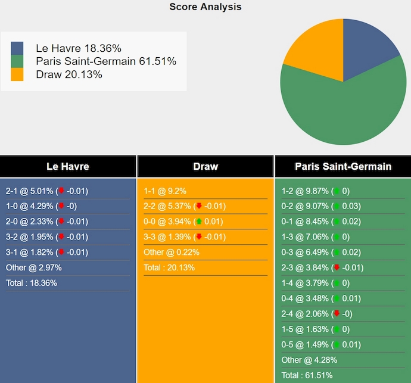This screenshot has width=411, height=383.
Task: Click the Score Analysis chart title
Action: [x=205, y=7]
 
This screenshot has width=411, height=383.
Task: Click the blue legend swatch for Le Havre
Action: [x=17, y=48]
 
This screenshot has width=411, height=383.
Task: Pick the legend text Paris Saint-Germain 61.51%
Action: [x=106, y=61]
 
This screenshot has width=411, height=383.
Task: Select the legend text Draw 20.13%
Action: [x=69, y=74]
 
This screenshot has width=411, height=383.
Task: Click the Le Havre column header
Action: [x=68, y=167]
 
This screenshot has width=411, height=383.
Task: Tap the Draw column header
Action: [x=205, y=167]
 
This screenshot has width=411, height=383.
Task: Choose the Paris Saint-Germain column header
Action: [x=343, y=167]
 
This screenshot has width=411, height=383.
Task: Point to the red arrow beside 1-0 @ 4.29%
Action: [x=61, y=206]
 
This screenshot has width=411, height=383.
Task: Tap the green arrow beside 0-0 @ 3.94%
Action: [x=198, y=222]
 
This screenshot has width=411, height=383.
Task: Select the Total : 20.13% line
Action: [x=169, y=267]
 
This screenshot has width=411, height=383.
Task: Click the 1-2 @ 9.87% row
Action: [x=316, y=191]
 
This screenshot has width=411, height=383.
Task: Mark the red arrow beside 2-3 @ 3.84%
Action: [x=337, y=267]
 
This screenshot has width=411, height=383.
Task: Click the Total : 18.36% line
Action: [x=32, y=283]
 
